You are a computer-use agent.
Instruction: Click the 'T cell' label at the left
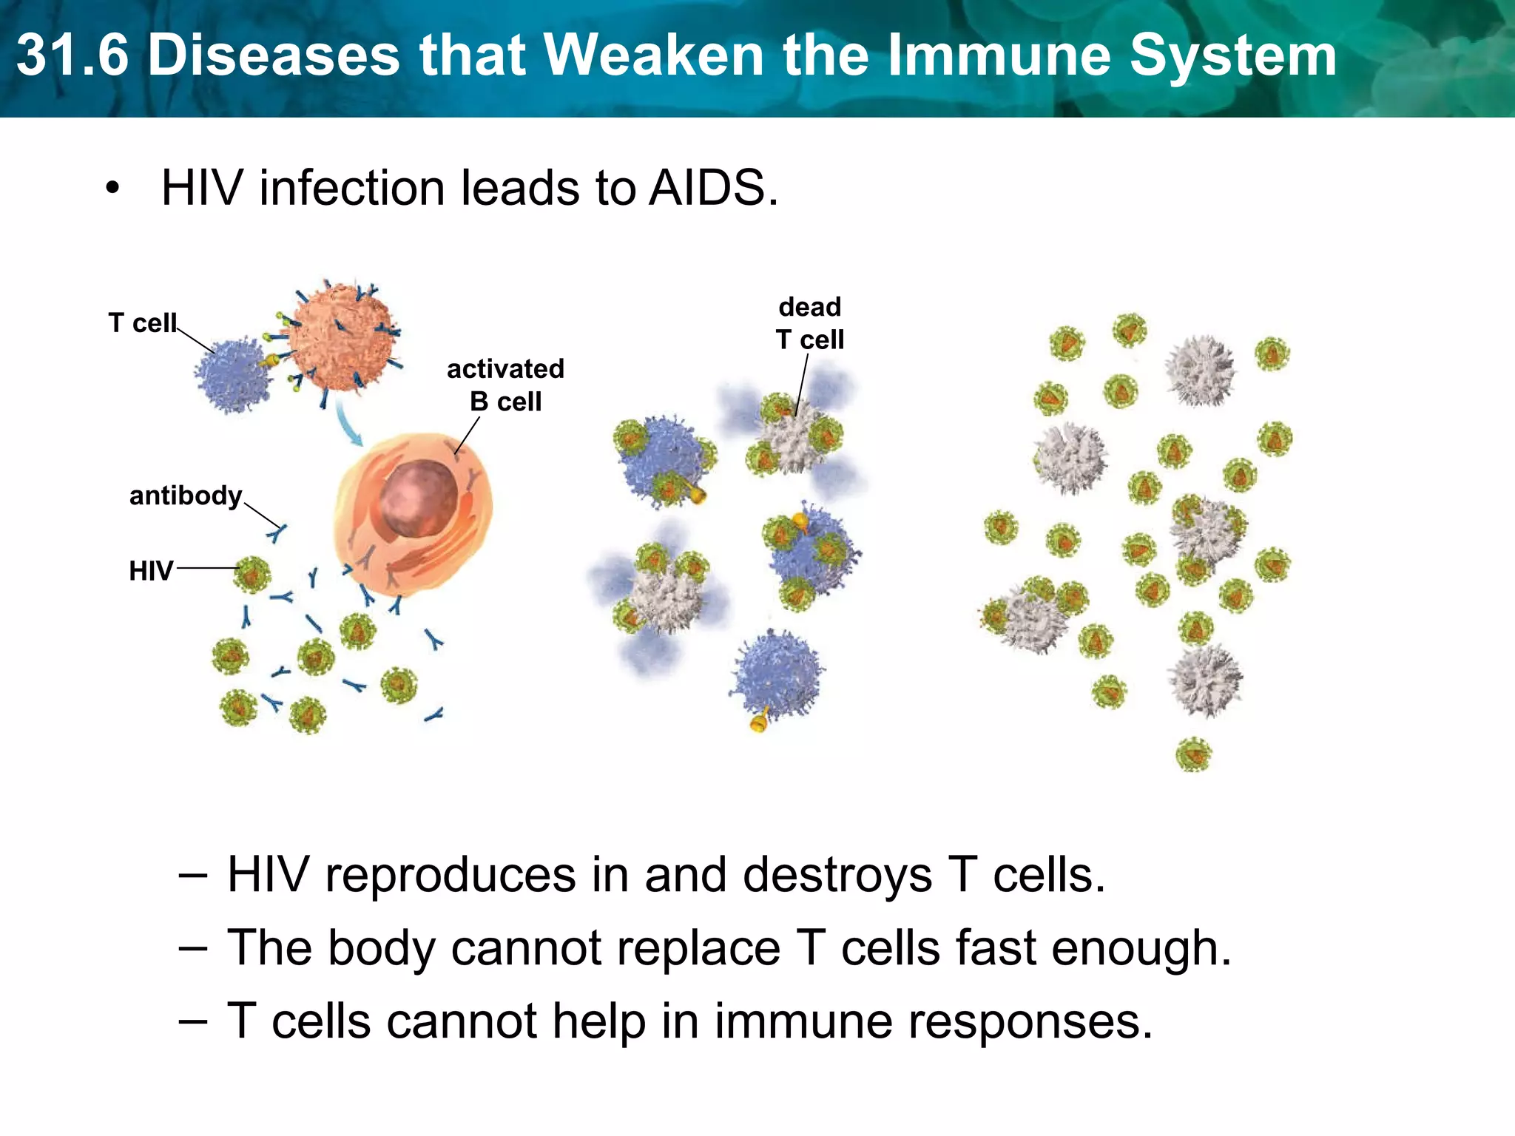(143, 323)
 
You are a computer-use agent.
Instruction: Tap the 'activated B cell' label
(505, 385)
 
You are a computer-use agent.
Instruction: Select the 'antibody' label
(186, 496)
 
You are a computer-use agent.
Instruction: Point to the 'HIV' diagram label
(151, 571)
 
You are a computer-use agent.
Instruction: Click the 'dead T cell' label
(810, 323)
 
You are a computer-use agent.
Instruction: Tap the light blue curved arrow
(348, 422)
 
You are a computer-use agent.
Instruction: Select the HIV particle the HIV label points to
(252, 574)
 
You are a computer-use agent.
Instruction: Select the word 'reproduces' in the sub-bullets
(451, 875)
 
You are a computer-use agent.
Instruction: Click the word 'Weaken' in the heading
(655, 55)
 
